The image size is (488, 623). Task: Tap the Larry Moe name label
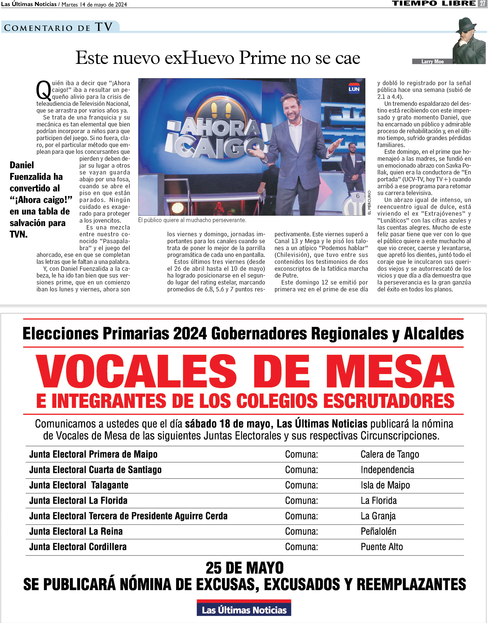coord(432,61)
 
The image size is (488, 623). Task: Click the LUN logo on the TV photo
coord(354,89)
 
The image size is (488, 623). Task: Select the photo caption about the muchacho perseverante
coord(192,220)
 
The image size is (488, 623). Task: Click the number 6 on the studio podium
coord(357,196)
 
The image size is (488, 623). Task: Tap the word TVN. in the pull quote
coord(18,234)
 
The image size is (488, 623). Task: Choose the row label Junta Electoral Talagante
coord(79,485)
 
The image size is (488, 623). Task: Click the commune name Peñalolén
coord(378,531)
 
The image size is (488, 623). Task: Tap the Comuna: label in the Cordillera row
coord(301,547)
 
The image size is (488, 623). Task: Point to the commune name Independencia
coord(387,470)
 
